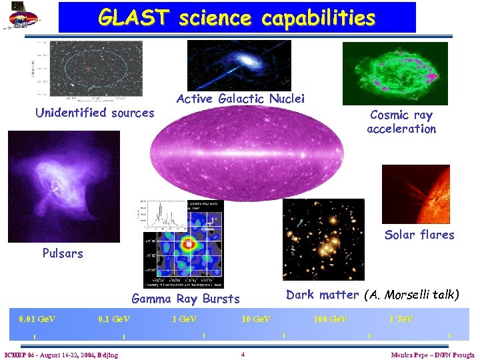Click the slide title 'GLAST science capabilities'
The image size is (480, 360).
click(237, 18)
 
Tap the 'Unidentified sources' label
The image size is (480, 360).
click(94, 113)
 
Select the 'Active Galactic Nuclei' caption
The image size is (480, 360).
click(240, 99)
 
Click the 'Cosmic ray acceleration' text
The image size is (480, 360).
click(401, 122)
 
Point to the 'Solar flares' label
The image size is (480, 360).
click(419, 235)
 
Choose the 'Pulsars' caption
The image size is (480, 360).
click(63, 253)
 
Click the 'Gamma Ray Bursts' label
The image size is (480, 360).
click(185, 299)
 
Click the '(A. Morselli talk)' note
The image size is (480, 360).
click(411, 295)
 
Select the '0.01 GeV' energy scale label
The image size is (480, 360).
click(37, 319)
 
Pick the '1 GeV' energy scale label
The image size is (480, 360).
click(184, 319)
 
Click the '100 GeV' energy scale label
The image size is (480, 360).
click(330, 319)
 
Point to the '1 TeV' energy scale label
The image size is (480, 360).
click(401, 319)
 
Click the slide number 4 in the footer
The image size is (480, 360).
click(243, 354)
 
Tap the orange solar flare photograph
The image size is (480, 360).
click(415, 193)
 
